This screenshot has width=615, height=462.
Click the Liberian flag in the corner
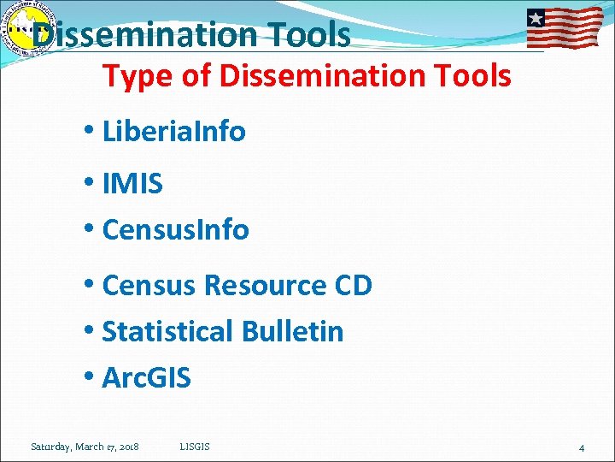[564, 27]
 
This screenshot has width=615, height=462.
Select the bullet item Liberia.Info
[173, 132]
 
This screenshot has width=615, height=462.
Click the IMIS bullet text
[132, 183]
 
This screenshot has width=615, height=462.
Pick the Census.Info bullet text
[175, 229]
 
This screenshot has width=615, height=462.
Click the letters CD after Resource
[353, 286]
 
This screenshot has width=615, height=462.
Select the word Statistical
[167, 331]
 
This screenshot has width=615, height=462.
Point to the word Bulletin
[293, 331]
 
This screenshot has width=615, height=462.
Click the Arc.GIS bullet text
[146, 377]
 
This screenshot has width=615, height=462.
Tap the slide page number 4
[581, 447]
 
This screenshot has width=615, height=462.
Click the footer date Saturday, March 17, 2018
[85, 447]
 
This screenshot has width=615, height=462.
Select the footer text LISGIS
[196, 447]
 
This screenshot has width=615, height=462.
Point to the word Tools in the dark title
[308, 35]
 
